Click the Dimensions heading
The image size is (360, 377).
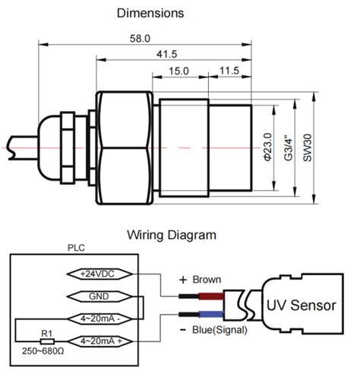(150, 14)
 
